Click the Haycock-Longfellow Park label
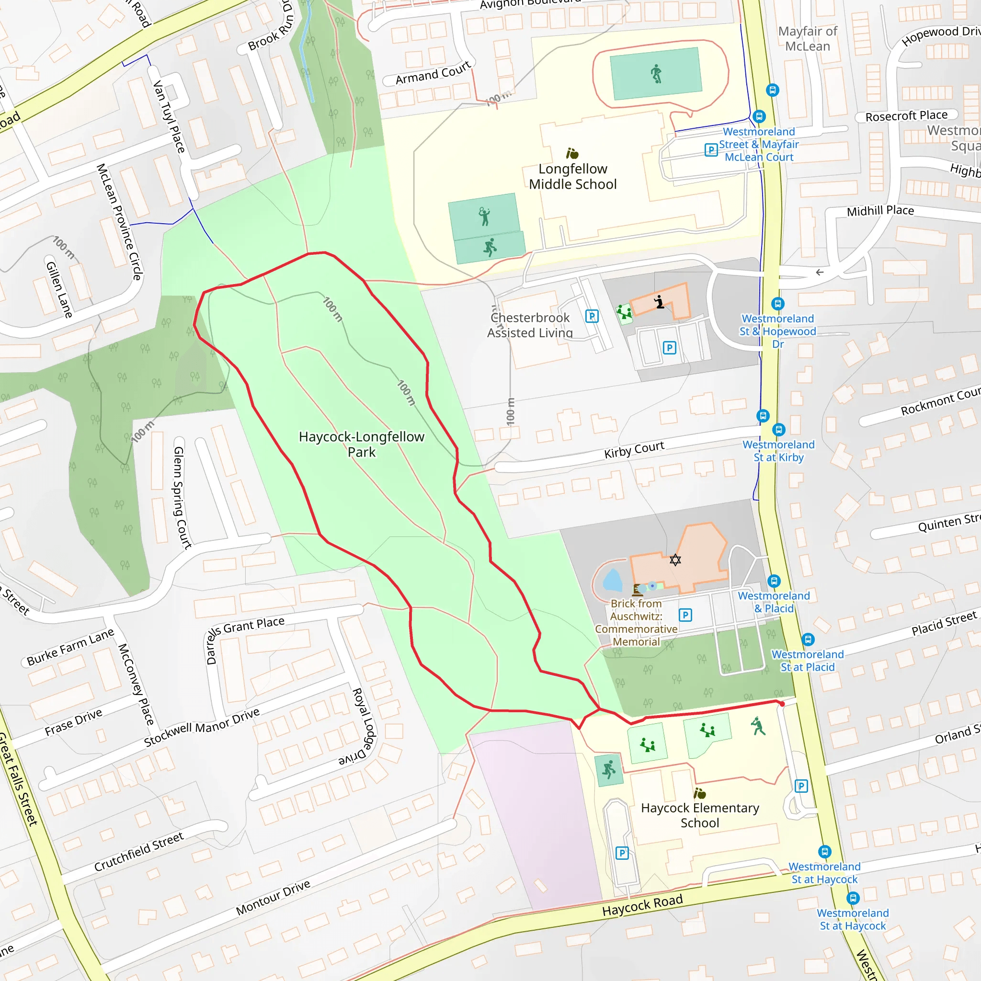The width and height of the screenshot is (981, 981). point(362,445)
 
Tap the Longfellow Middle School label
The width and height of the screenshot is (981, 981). point(573,176)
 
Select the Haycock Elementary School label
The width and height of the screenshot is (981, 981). point(700,815)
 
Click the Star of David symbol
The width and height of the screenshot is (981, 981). point(675,560)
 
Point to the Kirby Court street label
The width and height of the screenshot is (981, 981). point(634,450)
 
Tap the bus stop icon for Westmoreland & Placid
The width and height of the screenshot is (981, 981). point(774,581)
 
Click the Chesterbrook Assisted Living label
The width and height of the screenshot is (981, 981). point(530,325)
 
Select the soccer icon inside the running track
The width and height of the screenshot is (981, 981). point(656,74)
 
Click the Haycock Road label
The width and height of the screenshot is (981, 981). point(642,905)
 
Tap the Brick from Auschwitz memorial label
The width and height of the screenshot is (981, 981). point(636,623)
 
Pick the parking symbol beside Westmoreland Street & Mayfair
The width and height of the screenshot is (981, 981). point(711,150)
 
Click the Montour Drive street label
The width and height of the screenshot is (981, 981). point(273,898)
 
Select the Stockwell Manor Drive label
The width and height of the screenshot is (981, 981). point(202,728)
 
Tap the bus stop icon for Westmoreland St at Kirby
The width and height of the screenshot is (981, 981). point(779,430)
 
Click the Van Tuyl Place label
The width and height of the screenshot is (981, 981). point(169,116)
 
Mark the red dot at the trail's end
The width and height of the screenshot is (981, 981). point(782,704)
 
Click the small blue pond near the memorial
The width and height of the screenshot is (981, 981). point(613,581)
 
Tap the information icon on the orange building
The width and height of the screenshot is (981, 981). point(659,302)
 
